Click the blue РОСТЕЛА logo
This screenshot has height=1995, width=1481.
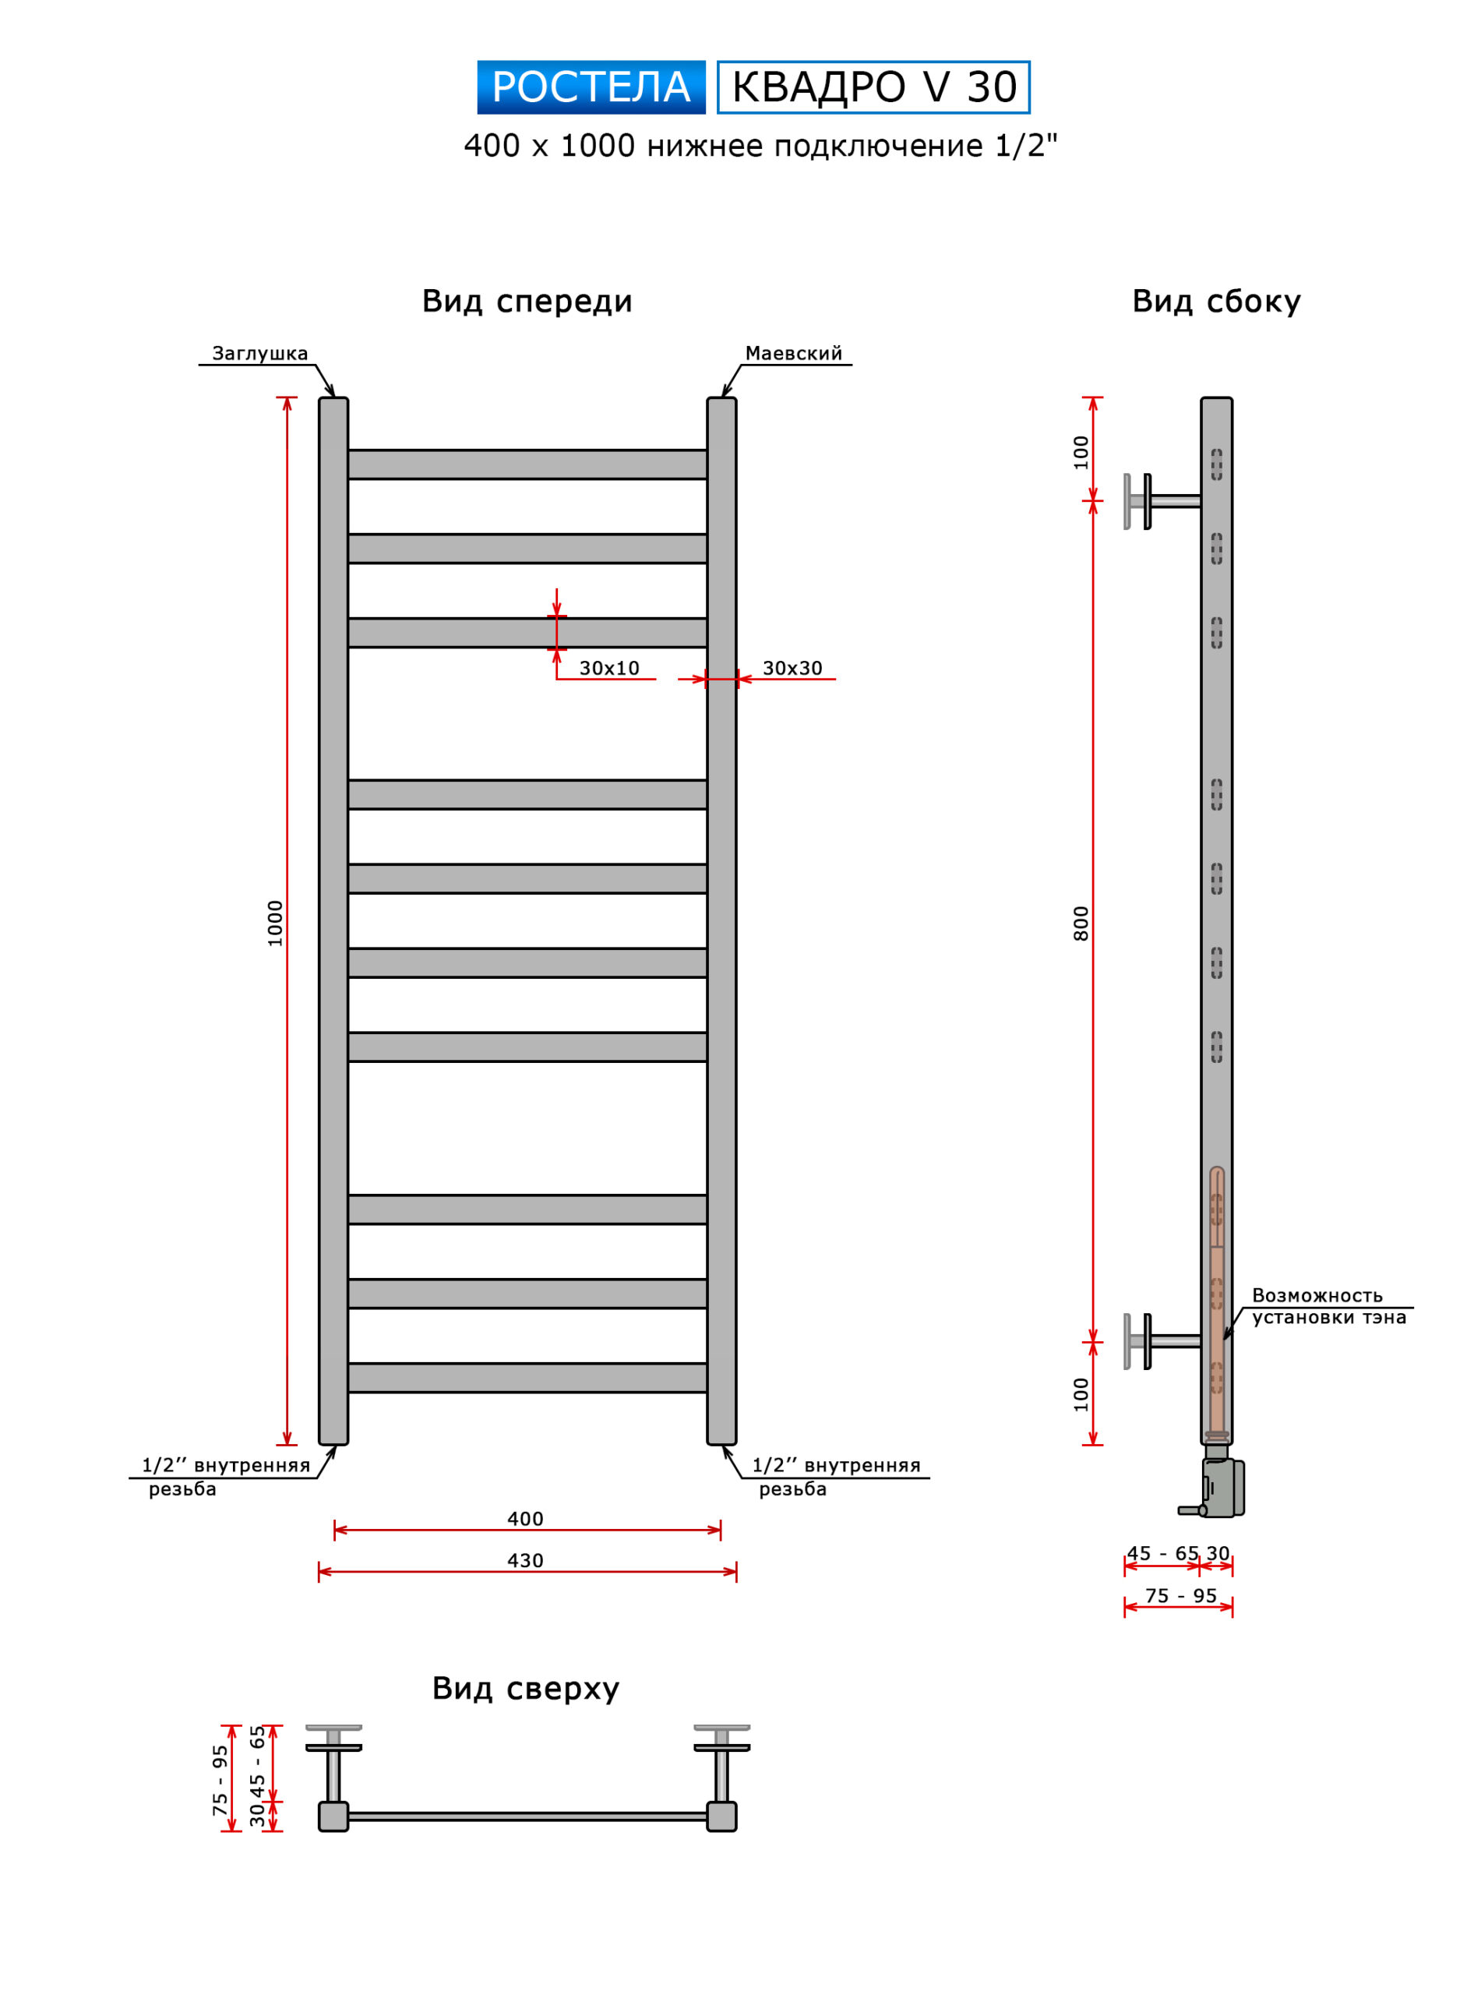coord(591,87)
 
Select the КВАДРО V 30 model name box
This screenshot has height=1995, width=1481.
coord(873,87)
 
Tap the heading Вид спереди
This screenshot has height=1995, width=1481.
coord(527,302)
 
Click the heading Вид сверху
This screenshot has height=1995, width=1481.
coord(525,1689)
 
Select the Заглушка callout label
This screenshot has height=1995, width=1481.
coord(260,353)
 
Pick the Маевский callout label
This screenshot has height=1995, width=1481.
coord(793,353)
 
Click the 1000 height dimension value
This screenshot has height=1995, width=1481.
coord(275,923)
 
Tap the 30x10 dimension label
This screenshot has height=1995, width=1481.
coord(608,668)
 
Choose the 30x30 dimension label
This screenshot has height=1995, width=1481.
coord(792,668)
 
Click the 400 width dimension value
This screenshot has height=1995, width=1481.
coord(525,1519)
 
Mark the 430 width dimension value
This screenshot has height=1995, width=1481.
coord(525,1561)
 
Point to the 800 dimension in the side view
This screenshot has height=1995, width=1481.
coord(1081,923)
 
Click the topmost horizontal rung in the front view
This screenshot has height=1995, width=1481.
coord(527,464)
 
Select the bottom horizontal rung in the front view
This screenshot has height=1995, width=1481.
coord(527,1378)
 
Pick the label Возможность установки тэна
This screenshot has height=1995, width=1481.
coord(1328,1306)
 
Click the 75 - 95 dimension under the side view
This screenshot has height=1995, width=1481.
coord(1181,1596)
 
